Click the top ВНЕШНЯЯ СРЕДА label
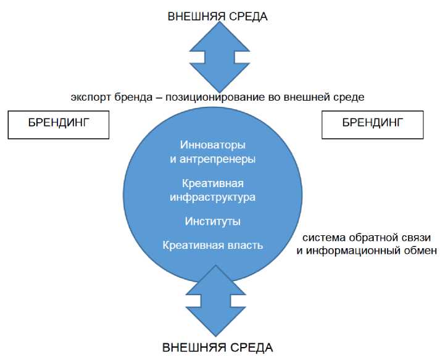[217, 17]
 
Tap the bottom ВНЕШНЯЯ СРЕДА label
[217, 347]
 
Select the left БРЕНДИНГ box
[59, 123]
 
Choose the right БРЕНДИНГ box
[372, 123]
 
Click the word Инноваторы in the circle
[212, 145]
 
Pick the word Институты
[212, 221]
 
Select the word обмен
[423, 251]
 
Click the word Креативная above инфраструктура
[212, 184]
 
